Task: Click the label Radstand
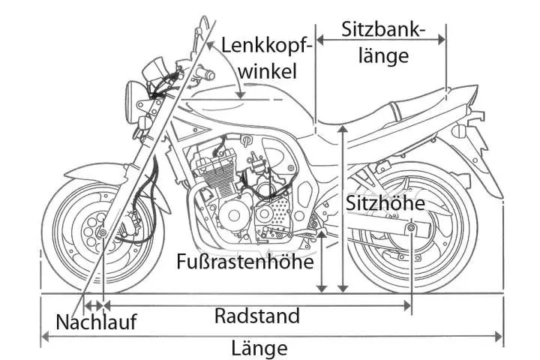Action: pyautogui.click(x=256, y=316)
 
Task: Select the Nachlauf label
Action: pyautogui.click(x=96, y=322)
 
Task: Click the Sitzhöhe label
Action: pyautogui.click(x=385, y=203)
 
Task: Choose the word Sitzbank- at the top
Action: pyautogui.click(x=383, y=30)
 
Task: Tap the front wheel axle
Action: pyautogui.click(x=101, y=235)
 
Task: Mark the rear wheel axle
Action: pyautogui.click(x=411, y=228)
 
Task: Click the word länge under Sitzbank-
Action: pyautogui.click(x=383, y=55)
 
